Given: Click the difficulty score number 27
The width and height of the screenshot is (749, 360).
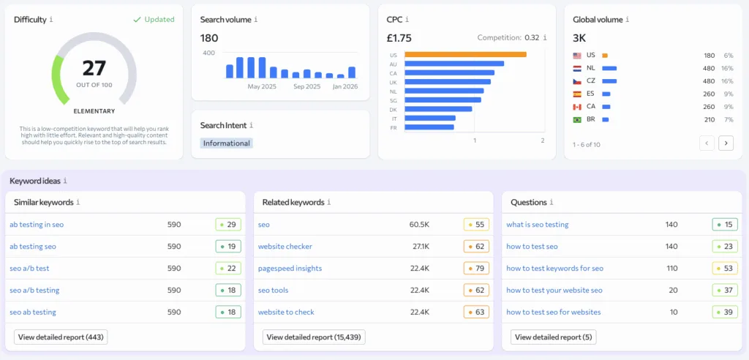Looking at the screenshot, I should (x=94, y=68).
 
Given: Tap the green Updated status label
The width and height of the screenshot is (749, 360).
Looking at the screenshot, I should (x=154, y=20).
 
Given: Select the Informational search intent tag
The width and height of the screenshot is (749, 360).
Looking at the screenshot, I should (x=227, y=143).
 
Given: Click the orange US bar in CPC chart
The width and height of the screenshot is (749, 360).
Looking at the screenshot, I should (x=465, y=54).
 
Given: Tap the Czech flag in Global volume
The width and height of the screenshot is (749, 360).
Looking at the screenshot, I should (x=577, y=80).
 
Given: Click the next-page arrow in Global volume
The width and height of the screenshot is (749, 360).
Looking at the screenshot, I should (x=726, y=143).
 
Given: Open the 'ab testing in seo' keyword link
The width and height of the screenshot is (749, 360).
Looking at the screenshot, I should (x=37, y=225).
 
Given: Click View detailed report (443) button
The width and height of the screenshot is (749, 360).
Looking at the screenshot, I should (x=61, y=337).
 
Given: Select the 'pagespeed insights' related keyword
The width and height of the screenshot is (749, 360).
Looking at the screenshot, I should (x=290, y=269).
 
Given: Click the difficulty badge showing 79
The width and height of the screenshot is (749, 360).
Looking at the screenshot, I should (x=476, y=269).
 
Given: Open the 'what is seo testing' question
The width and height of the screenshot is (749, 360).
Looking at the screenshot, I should (x=537, y=225).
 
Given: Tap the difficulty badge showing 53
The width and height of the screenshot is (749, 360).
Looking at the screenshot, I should (x=725, y=269).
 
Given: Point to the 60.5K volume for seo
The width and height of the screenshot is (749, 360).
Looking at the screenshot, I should (x=419, y=225).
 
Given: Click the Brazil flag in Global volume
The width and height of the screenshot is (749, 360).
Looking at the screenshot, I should (x=577, y=119).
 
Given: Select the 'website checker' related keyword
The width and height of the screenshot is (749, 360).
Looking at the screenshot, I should (x=285, y=247).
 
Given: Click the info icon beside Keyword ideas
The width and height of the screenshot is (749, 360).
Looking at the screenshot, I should (x=65, y=181).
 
